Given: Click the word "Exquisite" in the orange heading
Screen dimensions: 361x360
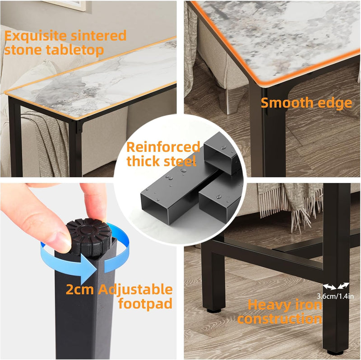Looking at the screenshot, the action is tap(36, 37).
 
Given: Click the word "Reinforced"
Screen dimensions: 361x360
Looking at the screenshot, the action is tap(163, 148).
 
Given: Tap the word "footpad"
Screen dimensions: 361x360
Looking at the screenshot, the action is tap(145, 304).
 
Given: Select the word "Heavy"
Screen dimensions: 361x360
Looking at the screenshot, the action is tap(269, 305).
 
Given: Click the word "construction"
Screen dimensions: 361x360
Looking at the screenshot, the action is tap(280, 319).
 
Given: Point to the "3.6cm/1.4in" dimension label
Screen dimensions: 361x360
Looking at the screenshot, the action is tap(335, 296).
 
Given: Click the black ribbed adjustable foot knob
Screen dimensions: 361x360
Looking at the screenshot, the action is tap(88, 236).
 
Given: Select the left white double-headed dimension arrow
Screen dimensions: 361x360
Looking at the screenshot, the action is tap(330, 287).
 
